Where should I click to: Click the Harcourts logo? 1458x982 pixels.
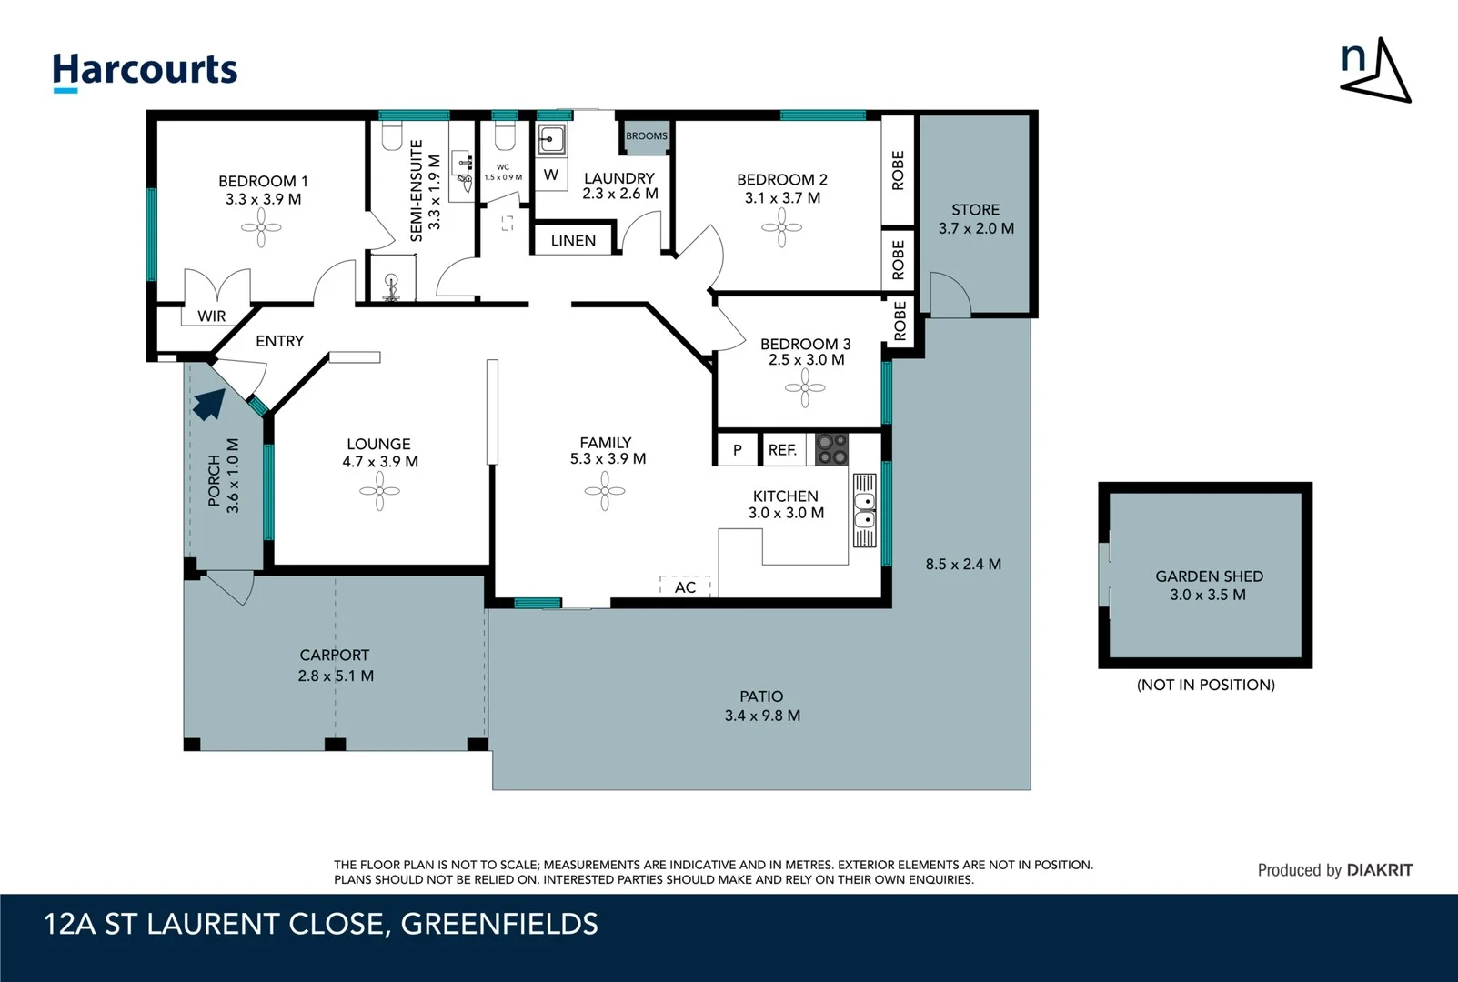[145, 71]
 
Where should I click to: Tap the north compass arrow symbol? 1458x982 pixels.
[1375, 71]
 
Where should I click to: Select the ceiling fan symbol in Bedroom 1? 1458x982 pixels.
[261, 227]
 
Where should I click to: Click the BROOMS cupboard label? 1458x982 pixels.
[646, 136]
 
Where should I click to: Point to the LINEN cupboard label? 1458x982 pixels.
[573, 240]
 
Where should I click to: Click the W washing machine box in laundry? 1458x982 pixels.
[551, 175]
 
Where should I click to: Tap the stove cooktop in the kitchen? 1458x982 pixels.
[830, 448]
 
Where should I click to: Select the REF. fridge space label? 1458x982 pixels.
[782, 449]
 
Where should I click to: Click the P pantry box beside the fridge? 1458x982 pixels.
[737, 449]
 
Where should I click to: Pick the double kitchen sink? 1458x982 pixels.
[864, 510]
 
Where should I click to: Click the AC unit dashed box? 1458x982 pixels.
[685, 586]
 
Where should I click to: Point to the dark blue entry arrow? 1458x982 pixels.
[208, 404]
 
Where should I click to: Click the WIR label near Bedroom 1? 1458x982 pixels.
[211, 316]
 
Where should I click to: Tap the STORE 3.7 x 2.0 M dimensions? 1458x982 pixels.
[976, 228]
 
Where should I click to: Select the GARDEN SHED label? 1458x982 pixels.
[1209, 576]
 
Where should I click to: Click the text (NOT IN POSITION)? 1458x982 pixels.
[1205, 685]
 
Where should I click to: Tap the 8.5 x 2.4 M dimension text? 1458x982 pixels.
[963, 564]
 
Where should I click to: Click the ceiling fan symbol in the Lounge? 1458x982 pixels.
[379, 492]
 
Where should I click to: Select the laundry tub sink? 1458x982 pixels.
[551, 139]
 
